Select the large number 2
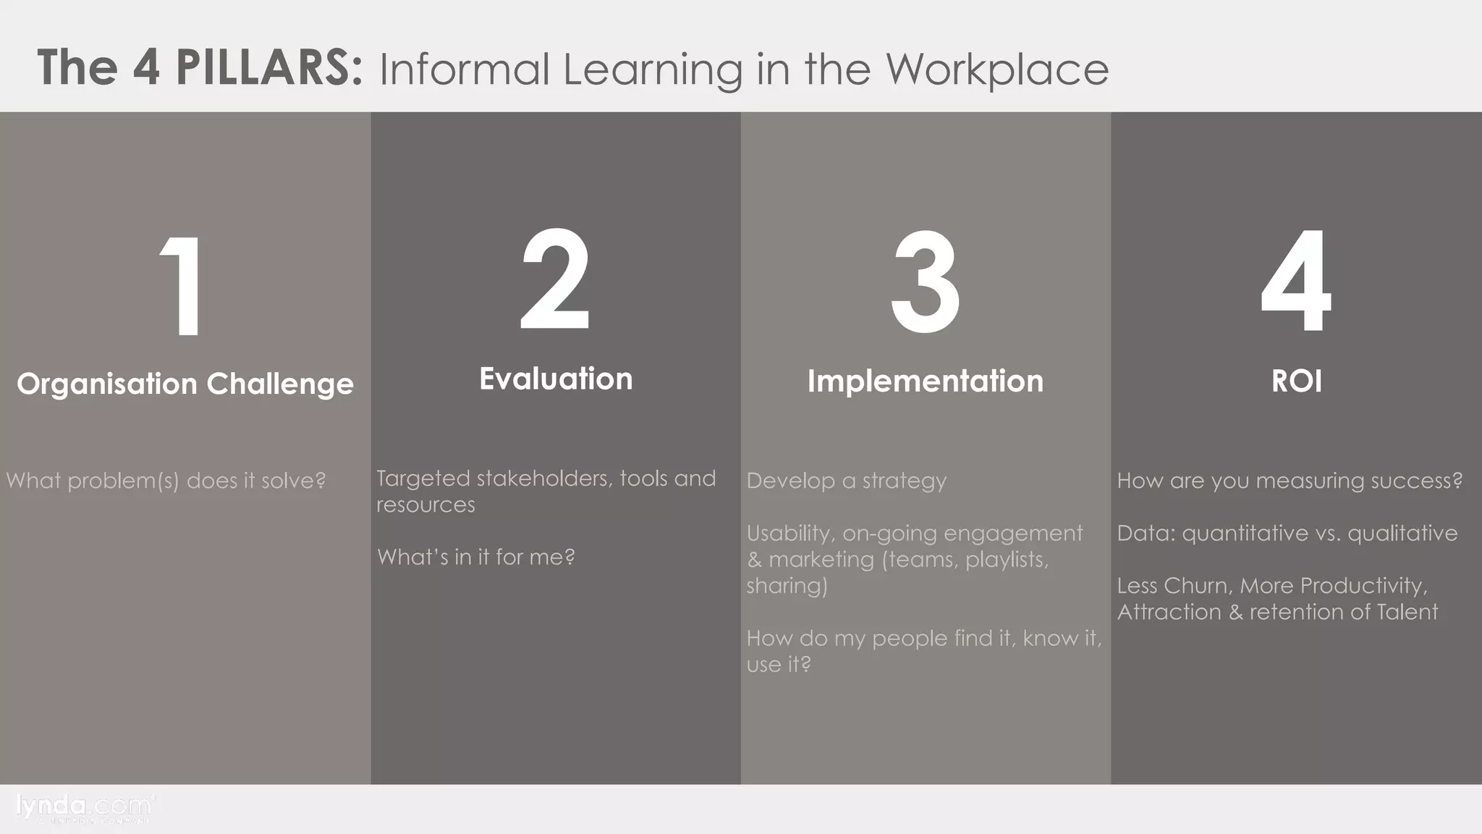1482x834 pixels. [x=555, y=279]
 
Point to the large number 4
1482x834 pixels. [x=1295, y=280]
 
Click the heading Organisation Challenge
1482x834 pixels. [x=185, y=384]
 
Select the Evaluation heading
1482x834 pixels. [x=556, y=379]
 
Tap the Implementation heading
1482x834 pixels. [x=926, y=381]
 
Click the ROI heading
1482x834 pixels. [x=1296, y=381]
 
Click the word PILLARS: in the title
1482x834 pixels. [x=268, y=67]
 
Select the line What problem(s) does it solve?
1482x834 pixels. [x=166, y=481]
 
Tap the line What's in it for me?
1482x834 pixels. [x=475, y=557]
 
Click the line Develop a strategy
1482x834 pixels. [x=846, y=481]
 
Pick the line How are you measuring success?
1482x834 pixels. [x=1290, y=481]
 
